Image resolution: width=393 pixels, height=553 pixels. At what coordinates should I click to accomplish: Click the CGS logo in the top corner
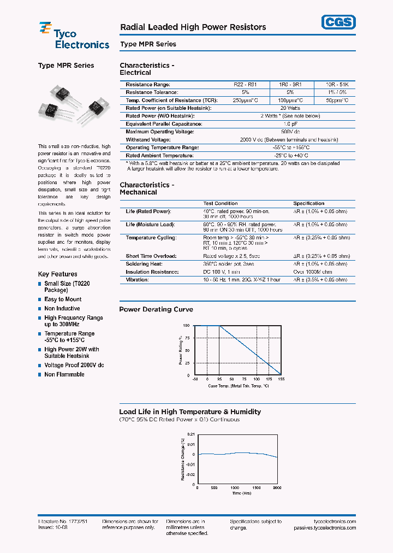point(337,22)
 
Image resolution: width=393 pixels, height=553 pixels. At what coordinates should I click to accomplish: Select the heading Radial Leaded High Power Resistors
point(193,27)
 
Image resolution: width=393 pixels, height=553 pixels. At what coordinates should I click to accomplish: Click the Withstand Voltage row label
point(148,140)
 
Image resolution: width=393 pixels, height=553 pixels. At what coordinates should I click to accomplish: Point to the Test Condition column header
point(221,203)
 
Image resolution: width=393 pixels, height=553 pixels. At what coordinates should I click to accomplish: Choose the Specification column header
point(308,203)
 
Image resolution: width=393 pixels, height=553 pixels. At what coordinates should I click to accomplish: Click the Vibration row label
point(137,280)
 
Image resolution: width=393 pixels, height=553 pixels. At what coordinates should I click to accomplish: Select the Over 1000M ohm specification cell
point(312,272)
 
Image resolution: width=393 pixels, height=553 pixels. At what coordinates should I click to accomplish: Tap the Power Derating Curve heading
point(156,309)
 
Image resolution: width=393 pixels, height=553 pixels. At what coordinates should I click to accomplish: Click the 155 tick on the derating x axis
point(281,379)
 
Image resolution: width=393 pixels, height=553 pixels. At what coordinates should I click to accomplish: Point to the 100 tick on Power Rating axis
point(186,326)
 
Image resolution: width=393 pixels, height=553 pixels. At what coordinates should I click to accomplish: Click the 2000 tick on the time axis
point(277,487)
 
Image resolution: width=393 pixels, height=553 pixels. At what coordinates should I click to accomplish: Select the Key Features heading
point(57,274)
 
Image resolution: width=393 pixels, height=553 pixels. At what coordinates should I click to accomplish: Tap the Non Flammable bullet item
point(64,375)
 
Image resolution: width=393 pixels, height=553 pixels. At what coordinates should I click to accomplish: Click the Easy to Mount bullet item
point(63,299)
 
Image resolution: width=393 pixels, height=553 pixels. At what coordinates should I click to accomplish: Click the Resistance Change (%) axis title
point(183,459)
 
